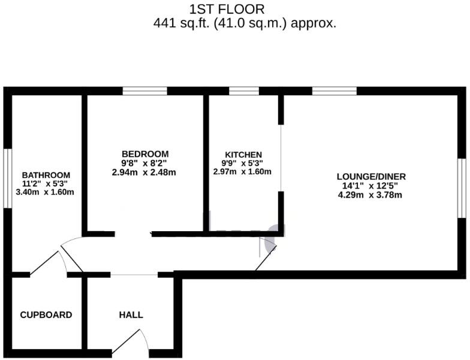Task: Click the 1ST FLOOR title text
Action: (227, 9)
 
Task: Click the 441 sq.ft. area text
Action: (245, 24)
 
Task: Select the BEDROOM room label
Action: (144, 154)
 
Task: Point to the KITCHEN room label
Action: (243, 155)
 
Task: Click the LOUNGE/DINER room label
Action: (371, 177)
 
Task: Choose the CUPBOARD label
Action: (46, 315)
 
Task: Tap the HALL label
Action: (131, 315)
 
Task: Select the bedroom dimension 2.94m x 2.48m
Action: (144, 172)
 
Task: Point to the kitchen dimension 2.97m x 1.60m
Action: (243, 172)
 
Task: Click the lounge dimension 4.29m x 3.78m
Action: (371, 195)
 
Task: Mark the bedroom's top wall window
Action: (144, 91)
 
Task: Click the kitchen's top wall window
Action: (244, 91)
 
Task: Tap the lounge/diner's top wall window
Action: (334, 91)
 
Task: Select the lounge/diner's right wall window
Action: (462, 188)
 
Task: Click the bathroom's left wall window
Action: (8, 179)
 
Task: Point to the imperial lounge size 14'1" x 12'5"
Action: (371, 186)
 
